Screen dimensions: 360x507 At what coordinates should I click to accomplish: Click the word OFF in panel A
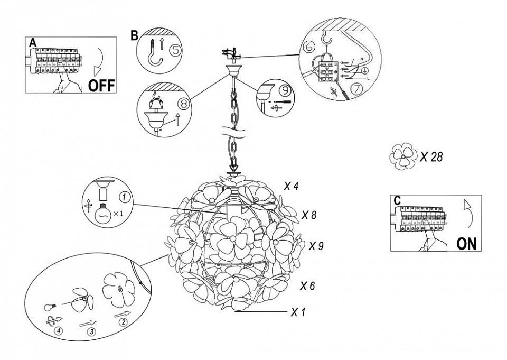pyautogui.click(x=101, y=86)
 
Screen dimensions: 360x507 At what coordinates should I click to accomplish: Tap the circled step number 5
pyautogui.click(x=176, y=51)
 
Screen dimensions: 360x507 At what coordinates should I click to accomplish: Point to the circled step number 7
pyautogui.click(x=356, y=89)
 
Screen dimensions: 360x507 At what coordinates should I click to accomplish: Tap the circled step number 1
pyautogui.click(x=123, y=198)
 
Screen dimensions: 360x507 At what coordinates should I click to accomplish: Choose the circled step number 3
pyautogui.click(x=91, y=331)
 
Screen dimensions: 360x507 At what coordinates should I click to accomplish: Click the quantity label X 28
pyautogui.click(x=431, y=157)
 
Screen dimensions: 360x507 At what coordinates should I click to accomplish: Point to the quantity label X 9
pyautogui.click(x=316, y=246)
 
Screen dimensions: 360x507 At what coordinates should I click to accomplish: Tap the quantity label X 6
pyautogui.click(x=307, y=286)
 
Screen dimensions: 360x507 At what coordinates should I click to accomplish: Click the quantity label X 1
pyautogui.click(x=298, y=312)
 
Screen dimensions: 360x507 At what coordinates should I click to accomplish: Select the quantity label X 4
pyautogui.click(x=292, y=186)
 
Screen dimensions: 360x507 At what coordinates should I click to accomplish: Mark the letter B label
pyautogui.click(x=134, y=35)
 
